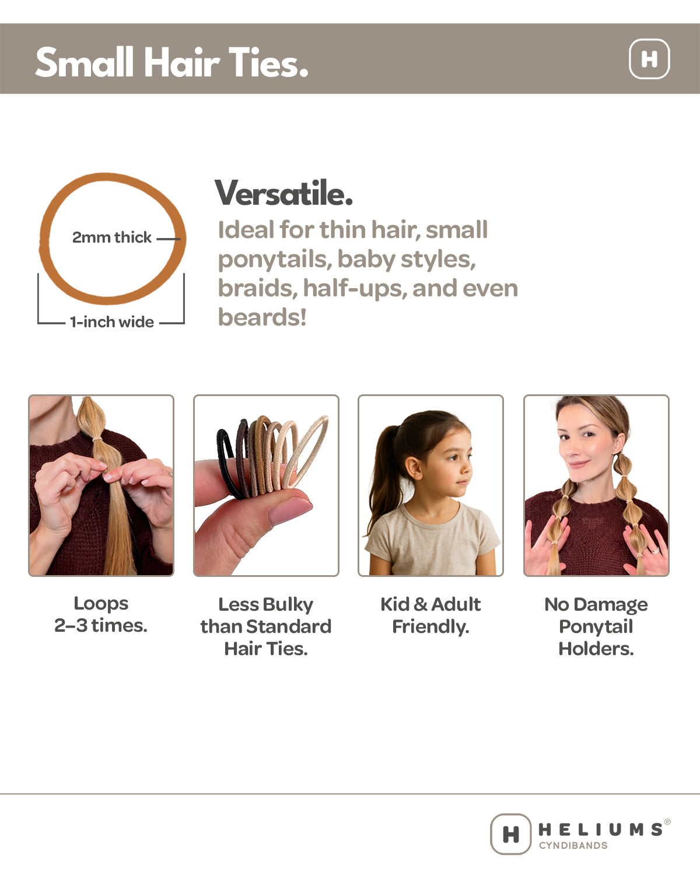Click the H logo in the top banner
(649, 59)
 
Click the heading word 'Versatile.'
(283, 193)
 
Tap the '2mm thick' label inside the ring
(111, 237)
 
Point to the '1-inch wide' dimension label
(111, 322)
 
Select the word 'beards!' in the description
(262, 318)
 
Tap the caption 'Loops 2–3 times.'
(101, 614)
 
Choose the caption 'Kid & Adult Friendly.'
(430, 615)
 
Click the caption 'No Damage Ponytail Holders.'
(596, 626)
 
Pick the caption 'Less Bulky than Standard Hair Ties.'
(266, 626)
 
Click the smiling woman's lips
(579, 465)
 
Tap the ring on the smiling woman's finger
(655, 550)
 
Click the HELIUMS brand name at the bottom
(600, 829)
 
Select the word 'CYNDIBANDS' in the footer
(573, 845)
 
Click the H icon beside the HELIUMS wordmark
(510, 834)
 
